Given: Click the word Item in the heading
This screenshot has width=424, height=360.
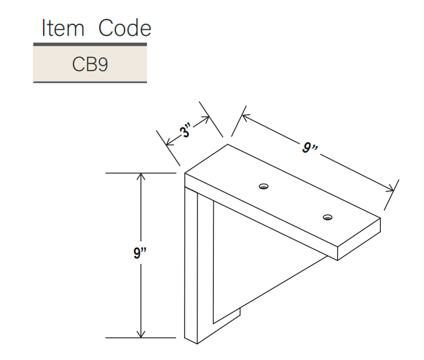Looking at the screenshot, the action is pos(63,28).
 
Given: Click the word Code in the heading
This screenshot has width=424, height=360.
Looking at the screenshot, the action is pos(125,27).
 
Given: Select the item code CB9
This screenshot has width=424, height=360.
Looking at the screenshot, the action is pos(90,64).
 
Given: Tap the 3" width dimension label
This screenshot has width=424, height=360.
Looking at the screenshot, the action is pos(185,131).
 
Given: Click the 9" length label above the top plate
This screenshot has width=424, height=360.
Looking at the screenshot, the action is pos(310,148).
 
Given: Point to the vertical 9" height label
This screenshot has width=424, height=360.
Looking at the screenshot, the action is pos(140,253).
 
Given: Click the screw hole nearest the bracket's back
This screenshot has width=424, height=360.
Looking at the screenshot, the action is pos(264,186).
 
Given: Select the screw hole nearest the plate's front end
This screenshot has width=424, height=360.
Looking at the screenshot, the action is pos(328,217).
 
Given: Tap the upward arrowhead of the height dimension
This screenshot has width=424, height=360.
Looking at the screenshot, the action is pos(141,176).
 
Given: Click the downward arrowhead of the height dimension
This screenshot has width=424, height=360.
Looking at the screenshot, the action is pos(141,334).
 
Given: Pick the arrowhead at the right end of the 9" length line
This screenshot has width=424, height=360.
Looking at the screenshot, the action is pos(390,189).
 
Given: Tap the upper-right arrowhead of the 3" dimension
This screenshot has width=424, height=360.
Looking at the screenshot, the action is pos(205,119).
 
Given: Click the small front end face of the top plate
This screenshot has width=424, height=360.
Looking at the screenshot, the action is pos(359,239).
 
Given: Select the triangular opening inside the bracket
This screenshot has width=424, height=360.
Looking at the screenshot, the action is pos(249,260).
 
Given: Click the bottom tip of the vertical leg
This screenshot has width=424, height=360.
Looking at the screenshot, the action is pos(197,344).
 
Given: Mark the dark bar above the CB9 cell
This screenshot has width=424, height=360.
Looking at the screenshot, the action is pos(90,44).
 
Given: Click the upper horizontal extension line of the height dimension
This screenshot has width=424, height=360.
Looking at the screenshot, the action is pos(141,173).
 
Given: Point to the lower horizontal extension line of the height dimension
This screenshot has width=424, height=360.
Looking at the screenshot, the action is pos(141,338).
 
